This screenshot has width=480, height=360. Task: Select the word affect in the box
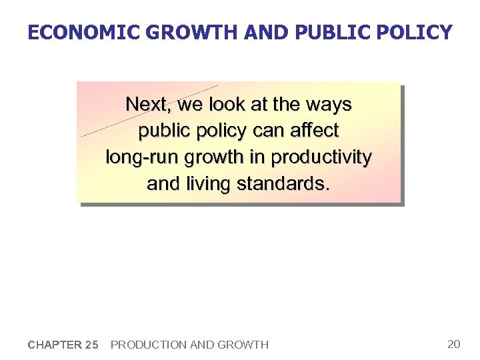coord(315,131)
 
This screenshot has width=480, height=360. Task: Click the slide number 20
coord(454,344)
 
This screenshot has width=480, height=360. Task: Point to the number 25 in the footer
coord(91,345)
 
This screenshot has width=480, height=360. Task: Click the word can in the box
coord(269,131)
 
